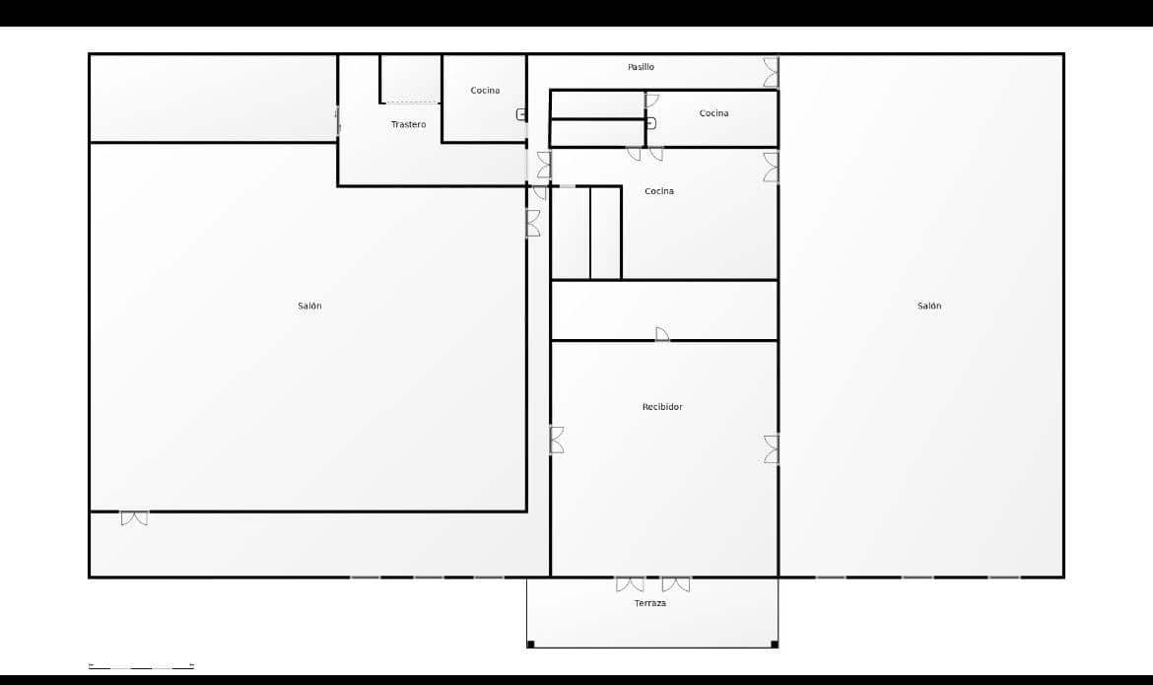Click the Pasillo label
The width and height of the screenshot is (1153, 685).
[641, 67]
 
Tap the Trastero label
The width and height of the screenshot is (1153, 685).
[408, 124]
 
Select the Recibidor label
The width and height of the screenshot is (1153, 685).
[662, 407]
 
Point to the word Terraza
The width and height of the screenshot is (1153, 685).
[649, 603]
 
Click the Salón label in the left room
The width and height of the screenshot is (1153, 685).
[309, 306]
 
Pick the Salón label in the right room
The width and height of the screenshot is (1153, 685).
[929, 306]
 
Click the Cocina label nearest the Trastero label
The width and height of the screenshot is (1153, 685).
[485, 91]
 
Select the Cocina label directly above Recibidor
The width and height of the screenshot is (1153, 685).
[659, 191]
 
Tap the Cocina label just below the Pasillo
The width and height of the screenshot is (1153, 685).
[714, 113]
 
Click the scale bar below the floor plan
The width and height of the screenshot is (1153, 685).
[141, 666]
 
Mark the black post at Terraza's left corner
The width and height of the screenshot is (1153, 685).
[530, 645]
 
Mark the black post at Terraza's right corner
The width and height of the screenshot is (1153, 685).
[775, 645]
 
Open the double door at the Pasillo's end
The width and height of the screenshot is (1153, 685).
[771, 72]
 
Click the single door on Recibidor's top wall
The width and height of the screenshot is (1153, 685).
[662, 334]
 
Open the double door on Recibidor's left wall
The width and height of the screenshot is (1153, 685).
[557, 440]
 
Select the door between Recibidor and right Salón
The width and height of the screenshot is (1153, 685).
[772, 449]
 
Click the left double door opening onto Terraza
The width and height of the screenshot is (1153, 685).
[630, 583]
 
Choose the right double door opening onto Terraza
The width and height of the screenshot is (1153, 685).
[675, 583]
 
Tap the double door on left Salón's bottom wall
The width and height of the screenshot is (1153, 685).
[134, 517]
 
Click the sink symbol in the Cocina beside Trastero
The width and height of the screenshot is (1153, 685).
[521, 114]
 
